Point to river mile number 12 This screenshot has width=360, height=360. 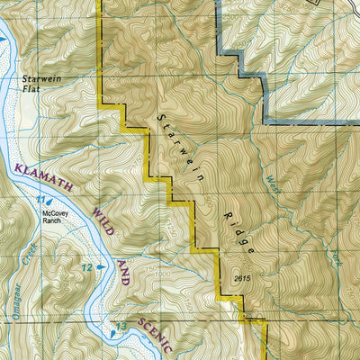coord(87,267)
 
